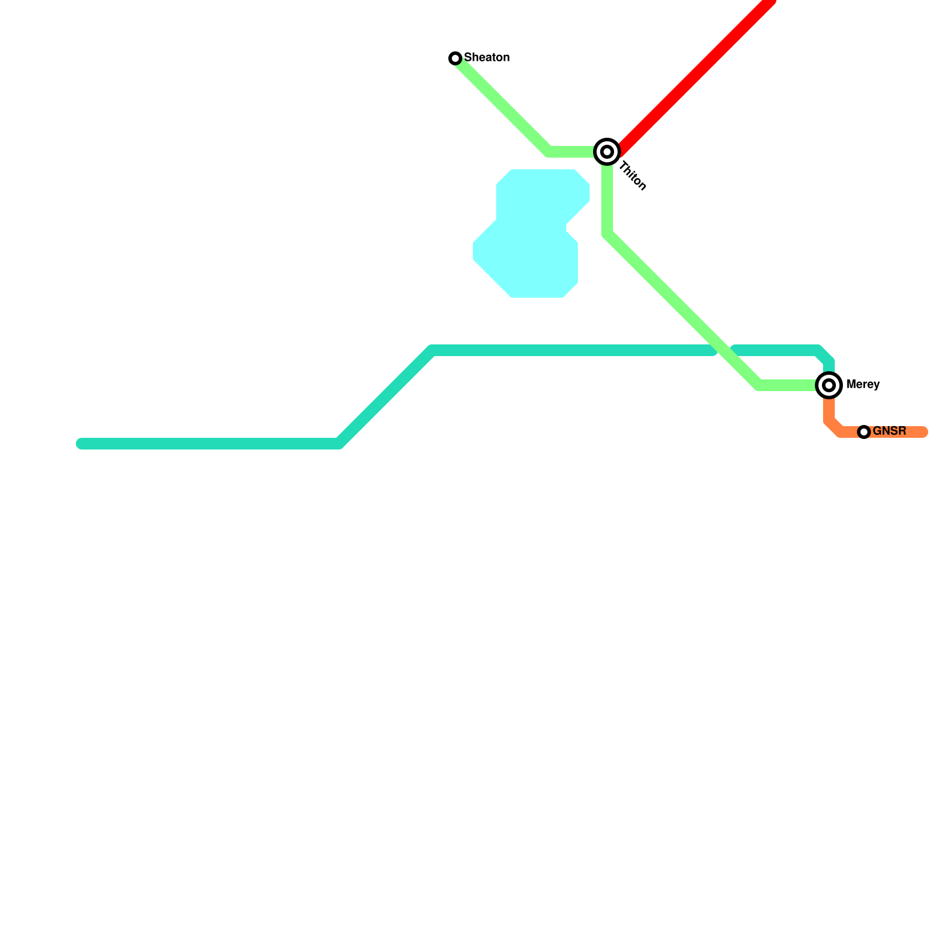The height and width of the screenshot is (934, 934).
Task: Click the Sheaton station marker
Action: [x=455, y=58]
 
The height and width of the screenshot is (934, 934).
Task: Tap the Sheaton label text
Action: [x=487, y=57]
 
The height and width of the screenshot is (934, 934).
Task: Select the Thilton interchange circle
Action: [x=607, y=152]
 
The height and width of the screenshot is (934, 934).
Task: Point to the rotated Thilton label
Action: [x=633, y=176]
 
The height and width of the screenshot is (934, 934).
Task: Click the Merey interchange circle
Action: [x=829, y=385]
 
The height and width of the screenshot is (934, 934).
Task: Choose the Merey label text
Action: [x=863, y=385]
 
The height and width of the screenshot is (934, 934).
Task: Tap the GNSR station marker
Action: [x=864, y=432]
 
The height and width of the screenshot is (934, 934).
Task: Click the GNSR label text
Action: [x=890, y=431]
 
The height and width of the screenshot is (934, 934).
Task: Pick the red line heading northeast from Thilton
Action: [x=695, y=76]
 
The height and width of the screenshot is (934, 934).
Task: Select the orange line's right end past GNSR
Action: [x=923, y=432]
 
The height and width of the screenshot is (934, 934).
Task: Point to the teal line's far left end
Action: [x=81, y=444]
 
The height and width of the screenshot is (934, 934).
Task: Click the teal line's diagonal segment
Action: [x=385, y=397]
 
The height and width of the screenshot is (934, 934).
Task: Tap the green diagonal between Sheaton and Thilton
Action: [x=502, y=105]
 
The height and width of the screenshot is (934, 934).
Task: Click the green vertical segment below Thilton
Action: [x=607, y=198]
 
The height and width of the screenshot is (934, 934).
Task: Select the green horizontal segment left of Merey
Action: [x=788, y=385]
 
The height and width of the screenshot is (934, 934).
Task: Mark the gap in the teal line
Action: [x=724, y=350]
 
